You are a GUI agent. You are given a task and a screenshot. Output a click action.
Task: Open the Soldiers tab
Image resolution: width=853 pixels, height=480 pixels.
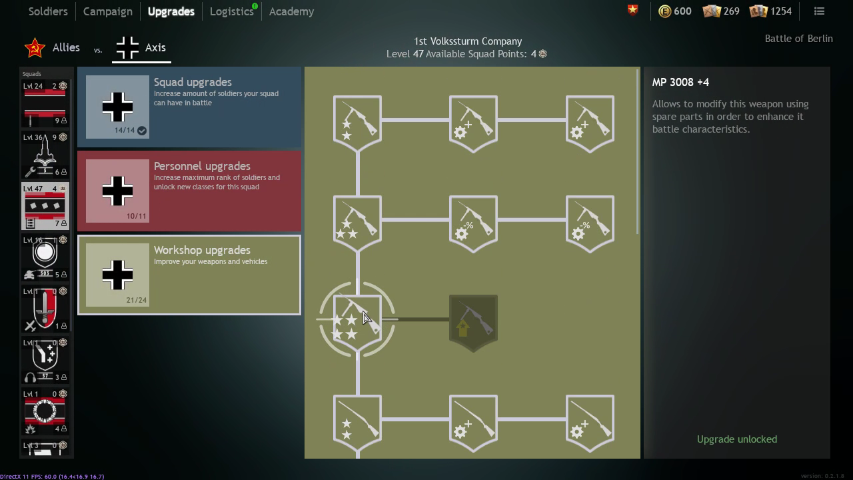click(x=48, y=11)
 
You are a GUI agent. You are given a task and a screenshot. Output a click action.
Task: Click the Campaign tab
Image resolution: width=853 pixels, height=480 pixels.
click(x=107, y=11)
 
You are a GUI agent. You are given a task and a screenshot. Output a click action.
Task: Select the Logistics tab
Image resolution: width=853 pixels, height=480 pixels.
click(x=231, y=11)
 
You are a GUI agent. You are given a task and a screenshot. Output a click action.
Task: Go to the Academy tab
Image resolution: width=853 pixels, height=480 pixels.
click(x=291, y=11)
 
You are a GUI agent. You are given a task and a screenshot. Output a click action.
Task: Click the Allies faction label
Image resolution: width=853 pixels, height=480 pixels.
click(x=66, y=47)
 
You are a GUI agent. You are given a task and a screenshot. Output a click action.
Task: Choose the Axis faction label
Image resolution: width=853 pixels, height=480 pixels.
click(x=155, y=47)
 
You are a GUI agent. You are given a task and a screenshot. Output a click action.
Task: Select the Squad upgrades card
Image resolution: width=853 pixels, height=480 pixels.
click(x=189, y=107)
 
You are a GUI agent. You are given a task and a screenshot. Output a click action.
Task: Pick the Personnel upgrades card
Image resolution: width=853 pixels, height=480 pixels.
click(x=189, y=191)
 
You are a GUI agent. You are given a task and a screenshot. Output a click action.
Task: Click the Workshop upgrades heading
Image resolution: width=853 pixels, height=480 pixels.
click(x=202, y=250)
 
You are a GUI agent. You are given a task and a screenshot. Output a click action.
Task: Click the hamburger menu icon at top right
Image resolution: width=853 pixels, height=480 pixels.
click(x=819, y=11)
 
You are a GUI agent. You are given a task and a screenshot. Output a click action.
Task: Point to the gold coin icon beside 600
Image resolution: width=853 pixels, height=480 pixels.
click(x=664, y=11)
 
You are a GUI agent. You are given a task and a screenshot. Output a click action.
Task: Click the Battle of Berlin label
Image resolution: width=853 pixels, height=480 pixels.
click(x=798, y=39)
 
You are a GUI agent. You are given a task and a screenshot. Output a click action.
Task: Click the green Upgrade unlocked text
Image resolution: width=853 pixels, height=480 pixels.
click(x=736, y=439)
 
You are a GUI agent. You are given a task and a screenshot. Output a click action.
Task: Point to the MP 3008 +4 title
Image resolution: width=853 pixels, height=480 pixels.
click(x=680, y=82)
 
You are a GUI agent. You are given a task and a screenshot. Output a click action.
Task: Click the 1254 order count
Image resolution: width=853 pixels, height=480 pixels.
click(x=780, y=11)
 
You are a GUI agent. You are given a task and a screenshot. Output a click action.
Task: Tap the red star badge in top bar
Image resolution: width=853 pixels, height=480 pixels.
click(x=632, y=10)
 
